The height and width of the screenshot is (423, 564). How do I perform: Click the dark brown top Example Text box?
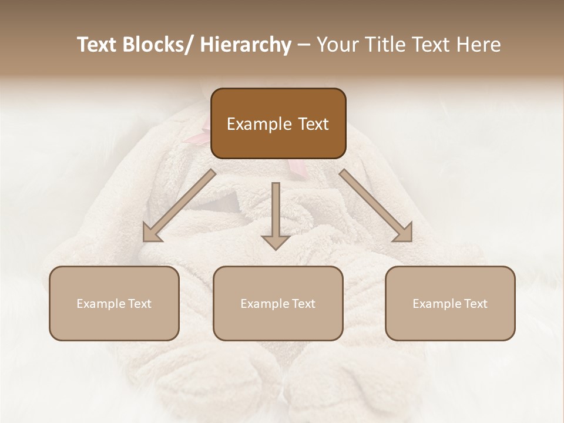pyautogui.click(x=278, y=124)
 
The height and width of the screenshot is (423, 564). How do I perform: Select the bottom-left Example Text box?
pyautogui.click(x=114, y=304)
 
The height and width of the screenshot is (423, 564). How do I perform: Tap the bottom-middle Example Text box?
pyautogui.click(x=278, y=304)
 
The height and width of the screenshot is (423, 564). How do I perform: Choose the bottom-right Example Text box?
pyautogui.click(x=450, y=304)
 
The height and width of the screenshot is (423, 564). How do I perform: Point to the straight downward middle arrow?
pyautogui.click(x=276, y=211)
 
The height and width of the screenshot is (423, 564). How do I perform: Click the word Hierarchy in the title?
pyautogui.click(x=246, y=45)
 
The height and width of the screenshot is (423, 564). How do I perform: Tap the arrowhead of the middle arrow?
pyautogui.click(x=276, y=241)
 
